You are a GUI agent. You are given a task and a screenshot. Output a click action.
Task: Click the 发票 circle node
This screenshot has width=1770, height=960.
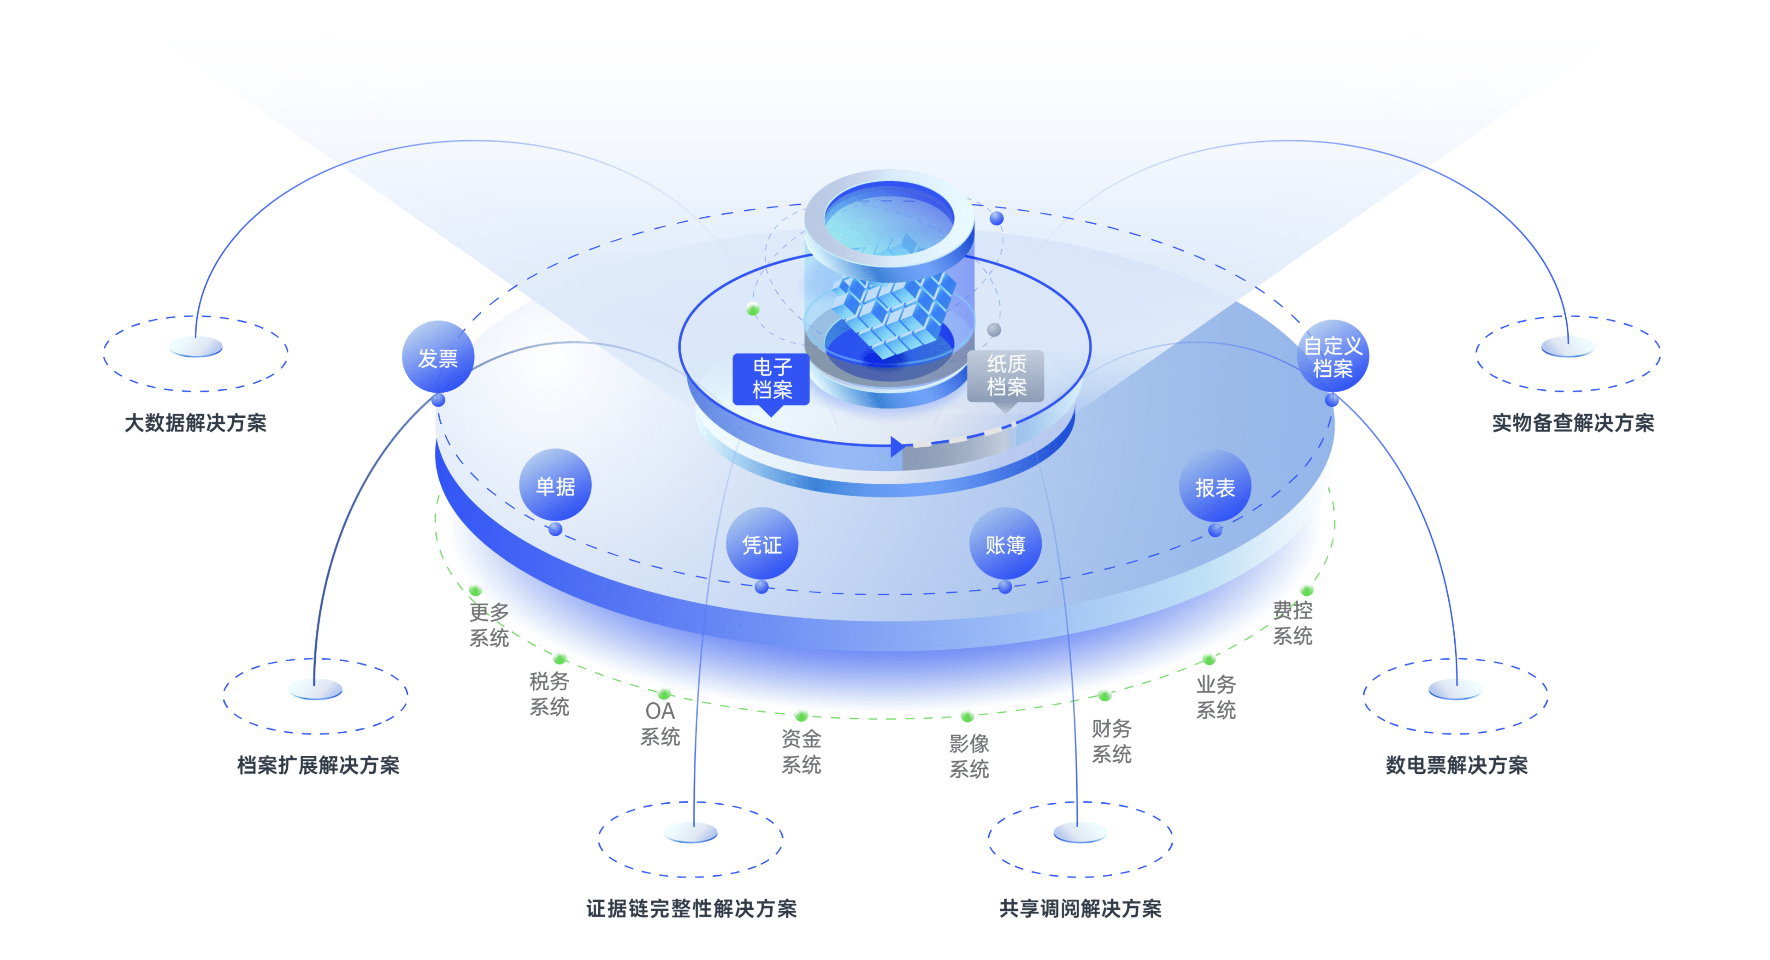pyautogui.click(x=438, y=357)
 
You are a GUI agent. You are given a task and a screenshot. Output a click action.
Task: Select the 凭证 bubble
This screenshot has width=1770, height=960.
pyautogui.click(x=762, y=544)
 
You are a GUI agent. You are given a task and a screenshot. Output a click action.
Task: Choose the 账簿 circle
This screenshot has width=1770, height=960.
pyautogui.click(x=1005, y=544)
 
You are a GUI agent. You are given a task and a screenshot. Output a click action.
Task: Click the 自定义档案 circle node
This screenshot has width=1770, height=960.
pyautogui.click(x=1332, y=356)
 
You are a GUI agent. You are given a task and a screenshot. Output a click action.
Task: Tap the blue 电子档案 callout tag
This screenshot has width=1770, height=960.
pyautogui.click(x=772, y=379)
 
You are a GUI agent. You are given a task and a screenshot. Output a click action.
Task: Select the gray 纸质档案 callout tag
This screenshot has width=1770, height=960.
pyautogui.click(x=1006, y=376)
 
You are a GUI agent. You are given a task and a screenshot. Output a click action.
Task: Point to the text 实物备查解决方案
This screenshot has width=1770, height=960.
pyautogui.click(x=1573, y=423)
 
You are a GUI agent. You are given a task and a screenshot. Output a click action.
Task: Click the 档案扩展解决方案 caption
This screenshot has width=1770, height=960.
pyautogui.click(x=318, y=765)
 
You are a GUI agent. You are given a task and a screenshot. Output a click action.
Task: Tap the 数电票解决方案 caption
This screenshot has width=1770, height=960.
pyautogui.click(x=1457, y=765)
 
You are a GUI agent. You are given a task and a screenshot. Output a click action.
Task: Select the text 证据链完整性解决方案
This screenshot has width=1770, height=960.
pyautogui.click(x=691, y=908)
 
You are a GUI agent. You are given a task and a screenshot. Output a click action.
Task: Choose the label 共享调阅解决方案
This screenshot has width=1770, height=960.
pyautogui.click(x=1080, y=908)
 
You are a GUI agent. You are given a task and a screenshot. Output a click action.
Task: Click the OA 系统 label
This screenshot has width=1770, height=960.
pyautogui.click(x=660, y=723)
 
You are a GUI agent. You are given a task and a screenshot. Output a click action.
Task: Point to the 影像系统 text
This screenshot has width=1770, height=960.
pyautogui.click(x=969, y=756)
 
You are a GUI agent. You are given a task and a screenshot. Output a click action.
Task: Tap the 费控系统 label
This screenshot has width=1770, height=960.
pyautogui.click(x=1292, y=622)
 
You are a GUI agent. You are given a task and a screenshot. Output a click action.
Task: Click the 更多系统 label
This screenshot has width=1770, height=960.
pyautogui.click(x=489, y=625)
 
